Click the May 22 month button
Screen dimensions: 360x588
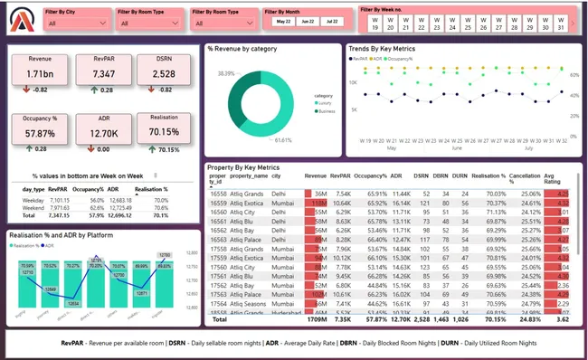tap(283, 20)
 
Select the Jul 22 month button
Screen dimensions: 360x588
tap(333, 20)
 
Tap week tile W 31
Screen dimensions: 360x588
tap(561, 24)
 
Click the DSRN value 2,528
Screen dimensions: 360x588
tap(164, 74)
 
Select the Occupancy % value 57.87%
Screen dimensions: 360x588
tap(40, 133)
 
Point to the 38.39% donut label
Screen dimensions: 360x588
tap(226, 73)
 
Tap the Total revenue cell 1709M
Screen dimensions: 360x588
tap(316, 319)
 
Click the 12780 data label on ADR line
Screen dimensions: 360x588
tap(165, 256)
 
